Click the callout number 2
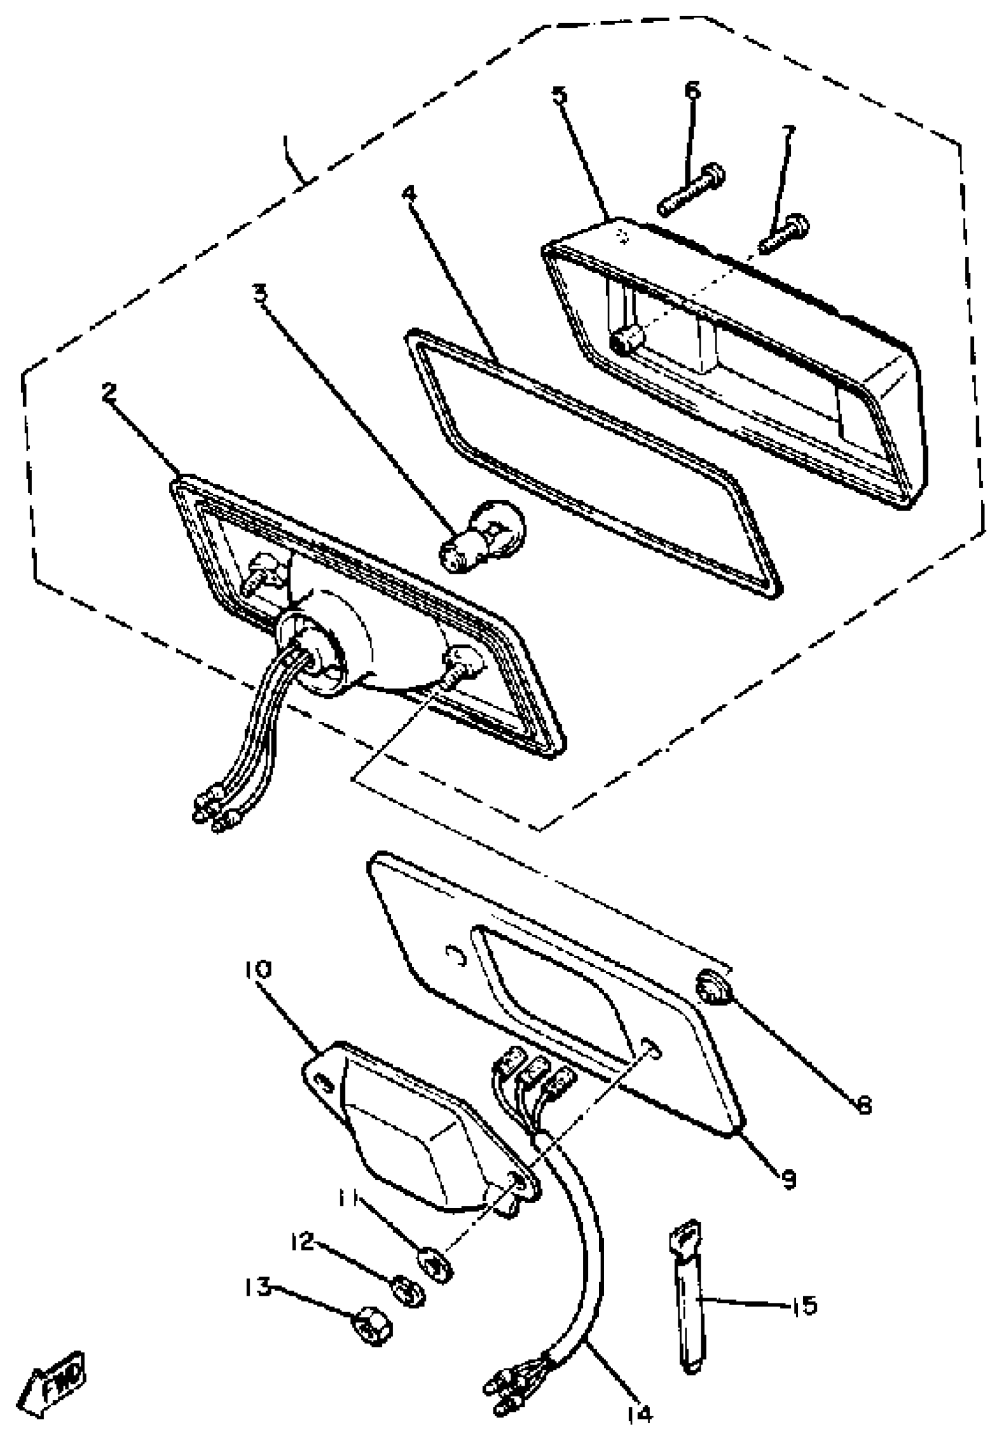coord(108,392)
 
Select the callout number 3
coord(260,292)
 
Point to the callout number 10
coord(258,970)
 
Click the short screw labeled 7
coord(784,233)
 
